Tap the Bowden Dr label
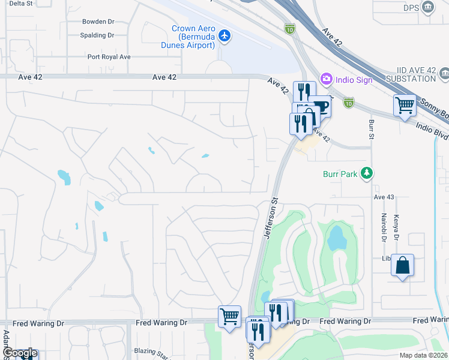[x=98, y=21]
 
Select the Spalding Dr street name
[x=97, y=35]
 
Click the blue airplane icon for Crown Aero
[x=225, y=37]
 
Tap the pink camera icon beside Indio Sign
[x=327, y=79]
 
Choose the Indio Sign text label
[x=354, y=80]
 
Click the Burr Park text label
[x=340, y=175]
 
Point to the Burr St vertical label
[x=372, y=133]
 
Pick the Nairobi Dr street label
[x=382, y=226]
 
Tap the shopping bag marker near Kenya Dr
[x=402, y=266]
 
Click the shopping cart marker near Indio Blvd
[x=405, y=105]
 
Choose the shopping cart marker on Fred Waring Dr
[x=230, y=316]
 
